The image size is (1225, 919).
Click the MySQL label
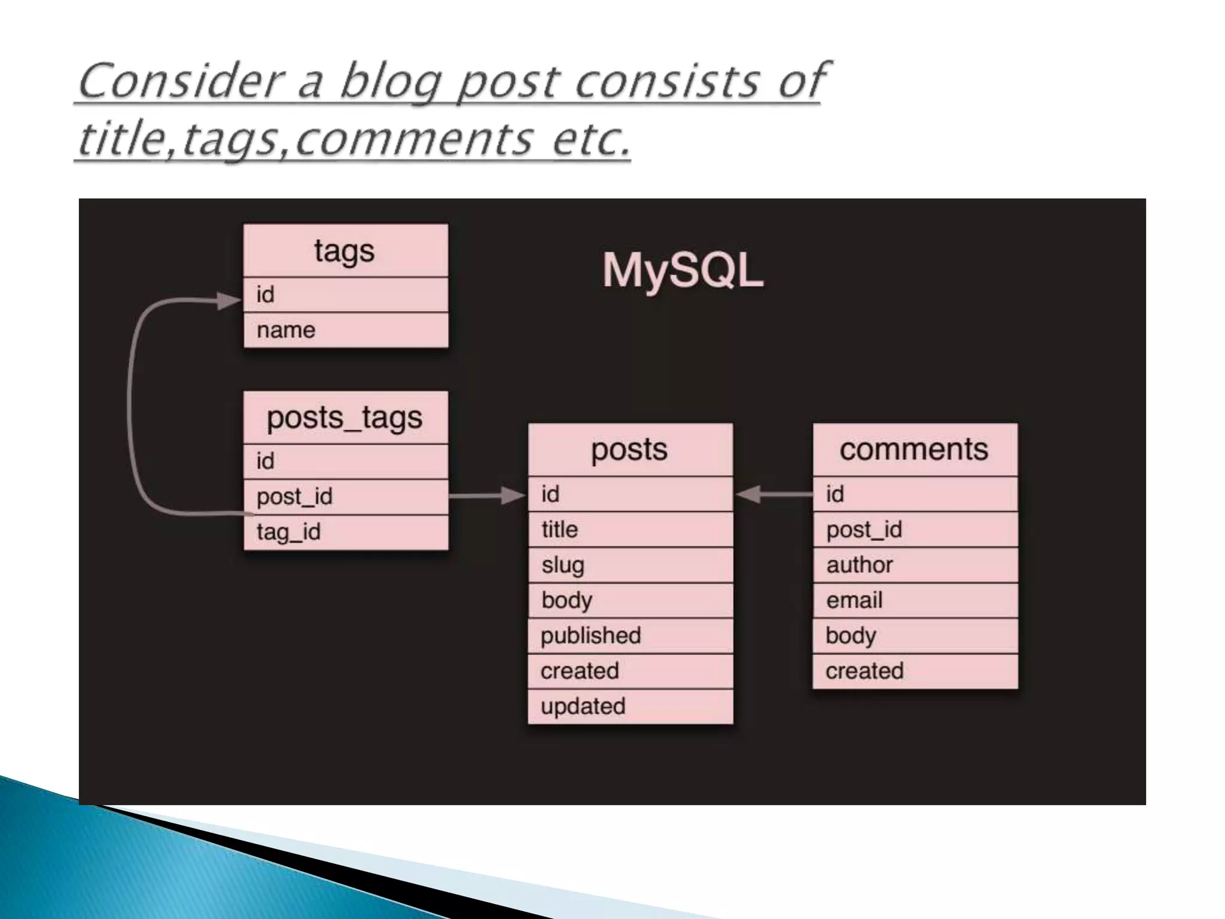(x=682, y=271)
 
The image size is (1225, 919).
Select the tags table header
(x=345, y=251)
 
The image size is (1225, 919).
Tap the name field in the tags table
(x=345, y=330)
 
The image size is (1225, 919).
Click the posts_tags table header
(x=345, y=418)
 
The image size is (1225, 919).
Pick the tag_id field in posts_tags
(x=345, y=532)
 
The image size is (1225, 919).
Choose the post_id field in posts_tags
(x=345, y=497)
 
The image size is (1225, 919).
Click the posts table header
(x=630, y=450)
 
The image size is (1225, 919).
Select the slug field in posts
(x=630, y=565)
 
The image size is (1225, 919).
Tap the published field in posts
(x=630, y=635)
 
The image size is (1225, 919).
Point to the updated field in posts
(x=630, y=707)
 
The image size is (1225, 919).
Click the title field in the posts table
(x=630, y=530)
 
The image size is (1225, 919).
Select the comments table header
(x=915, y=450)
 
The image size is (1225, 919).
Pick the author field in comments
(x=915, y=565)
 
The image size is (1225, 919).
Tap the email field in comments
(x=915, y=600)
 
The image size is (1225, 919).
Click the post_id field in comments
(x=915, y=530)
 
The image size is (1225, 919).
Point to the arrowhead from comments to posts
(x=748, y=494)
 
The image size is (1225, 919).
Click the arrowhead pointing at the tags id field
(x=229, y=300)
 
